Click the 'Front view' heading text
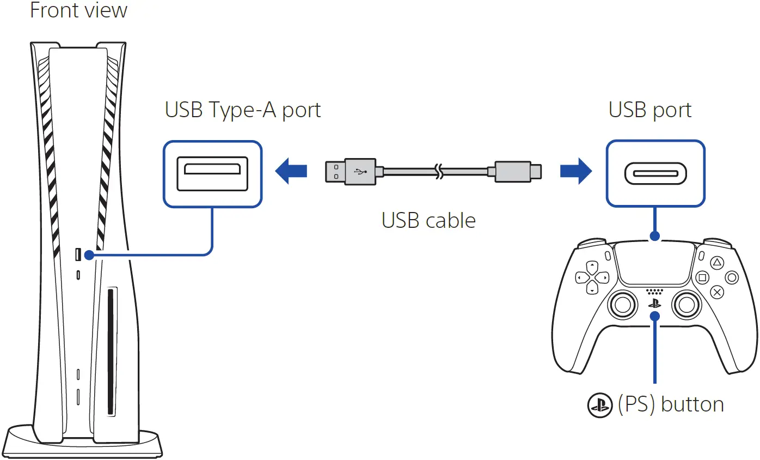78,10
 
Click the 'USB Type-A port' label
243,110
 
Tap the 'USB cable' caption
428,220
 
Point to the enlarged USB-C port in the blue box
655,173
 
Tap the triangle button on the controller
718,263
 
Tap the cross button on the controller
718,292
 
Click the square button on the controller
703,277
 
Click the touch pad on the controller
655,264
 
